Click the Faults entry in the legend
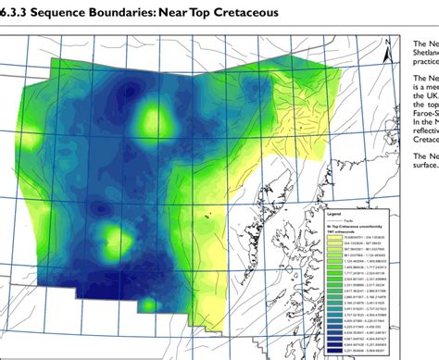345,218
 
